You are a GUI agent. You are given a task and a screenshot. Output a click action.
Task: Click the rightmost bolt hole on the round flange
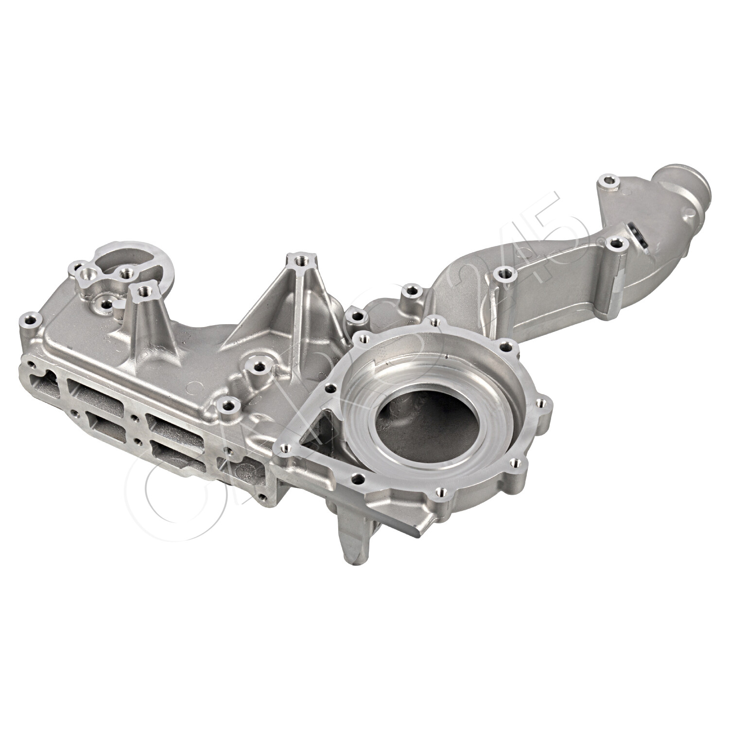point(543,402)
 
